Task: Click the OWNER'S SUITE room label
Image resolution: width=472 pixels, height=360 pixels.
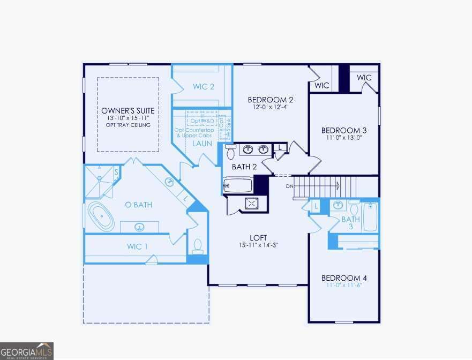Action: coord(128,110)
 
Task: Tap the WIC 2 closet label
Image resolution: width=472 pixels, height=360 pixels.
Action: coord(204,86)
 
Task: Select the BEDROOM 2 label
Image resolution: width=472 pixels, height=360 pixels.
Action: coord(271,100)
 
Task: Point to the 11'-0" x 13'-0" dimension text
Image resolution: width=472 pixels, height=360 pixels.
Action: coord(344,137)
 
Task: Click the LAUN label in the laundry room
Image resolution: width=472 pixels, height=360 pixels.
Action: coord(202,144)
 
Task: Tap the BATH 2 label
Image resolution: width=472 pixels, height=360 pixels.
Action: coord(244,167)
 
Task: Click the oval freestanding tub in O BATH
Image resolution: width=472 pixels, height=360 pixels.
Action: coord(102,216)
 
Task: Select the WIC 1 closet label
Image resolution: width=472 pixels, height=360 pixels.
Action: coord(137,246)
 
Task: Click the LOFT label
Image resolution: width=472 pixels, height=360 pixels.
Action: coord(258,237)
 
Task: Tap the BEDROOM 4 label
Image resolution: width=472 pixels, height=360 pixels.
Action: coord(344,278)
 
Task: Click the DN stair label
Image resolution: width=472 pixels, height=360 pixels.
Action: coord(289,186)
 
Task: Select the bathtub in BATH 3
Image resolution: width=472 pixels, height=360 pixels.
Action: coord(370,217)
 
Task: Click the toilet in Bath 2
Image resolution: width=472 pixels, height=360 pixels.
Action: coord(230,152)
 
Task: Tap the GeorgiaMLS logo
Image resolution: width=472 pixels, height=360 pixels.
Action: coord(27,351)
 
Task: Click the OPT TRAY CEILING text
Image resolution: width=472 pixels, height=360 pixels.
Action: coord(128,125)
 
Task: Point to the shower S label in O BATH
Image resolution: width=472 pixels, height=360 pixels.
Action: coord(116,172)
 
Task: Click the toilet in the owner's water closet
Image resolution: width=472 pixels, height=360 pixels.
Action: coord(197,246)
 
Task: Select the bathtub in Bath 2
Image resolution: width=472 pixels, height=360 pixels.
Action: coord(237,185)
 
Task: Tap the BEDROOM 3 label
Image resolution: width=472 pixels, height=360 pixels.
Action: coord(344,130)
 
